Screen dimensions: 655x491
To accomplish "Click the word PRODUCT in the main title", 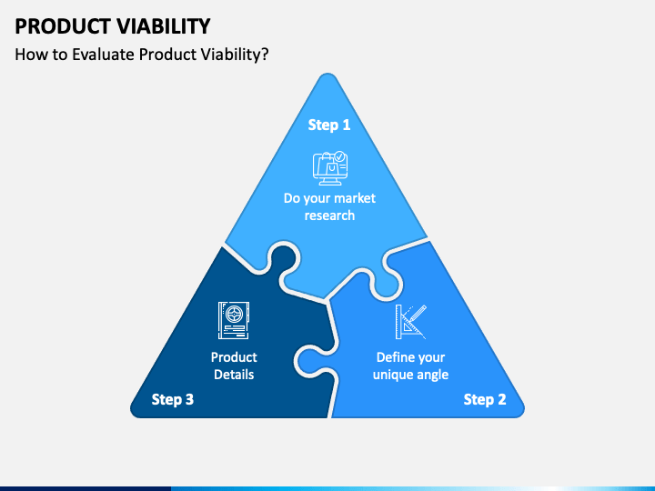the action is [x=63, y=26].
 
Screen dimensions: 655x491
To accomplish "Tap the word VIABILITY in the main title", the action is [x=164, y=26].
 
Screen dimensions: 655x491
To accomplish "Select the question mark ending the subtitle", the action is [x=265, y=55].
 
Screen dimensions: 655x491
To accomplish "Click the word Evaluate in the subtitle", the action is [x=104, y=55].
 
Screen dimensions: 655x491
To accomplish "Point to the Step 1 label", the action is [x=329, y=125].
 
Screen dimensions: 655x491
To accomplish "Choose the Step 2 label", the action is [x=485, y=399].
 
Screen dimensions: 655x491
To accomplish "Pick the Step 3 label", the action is [x=173, y=399].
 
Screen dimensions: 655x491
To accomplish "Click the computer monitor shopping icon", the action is [x=330, y=168].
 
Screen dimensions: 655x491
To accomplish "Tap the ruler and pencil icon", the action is [x=411, y=322].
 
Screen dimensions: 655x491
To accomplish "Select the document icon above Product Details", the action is [x=234, y=320].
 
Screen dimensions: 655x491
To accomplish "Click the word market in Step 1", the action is [x=355, y=198].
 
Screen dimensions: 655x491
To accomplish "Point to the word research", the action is [x=329, y=215].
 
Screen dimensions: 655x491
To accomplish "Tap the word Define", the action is [x=393, y=357].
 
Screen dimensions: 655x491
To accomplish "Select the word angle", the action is [x=433, y=376].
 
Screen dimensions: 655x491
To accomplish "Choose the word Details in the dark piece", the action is [x=234, y=375].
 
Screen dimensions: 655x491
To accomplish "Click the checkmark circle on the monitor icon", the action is [x=340, y=156].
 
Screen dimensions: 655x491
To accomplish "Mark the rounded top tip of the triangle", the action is [x=327, y=75].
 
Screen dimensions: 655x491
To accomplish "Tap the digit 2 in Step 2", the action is [x=501, y=399].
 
